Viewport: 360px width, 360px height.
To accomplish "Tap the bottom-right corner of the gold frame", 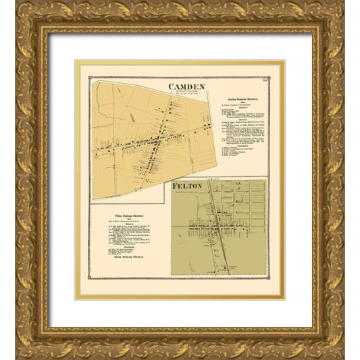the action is (340, 340).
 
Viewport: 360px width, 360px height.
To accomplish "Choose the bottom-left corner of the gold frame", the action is (20, 340).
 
